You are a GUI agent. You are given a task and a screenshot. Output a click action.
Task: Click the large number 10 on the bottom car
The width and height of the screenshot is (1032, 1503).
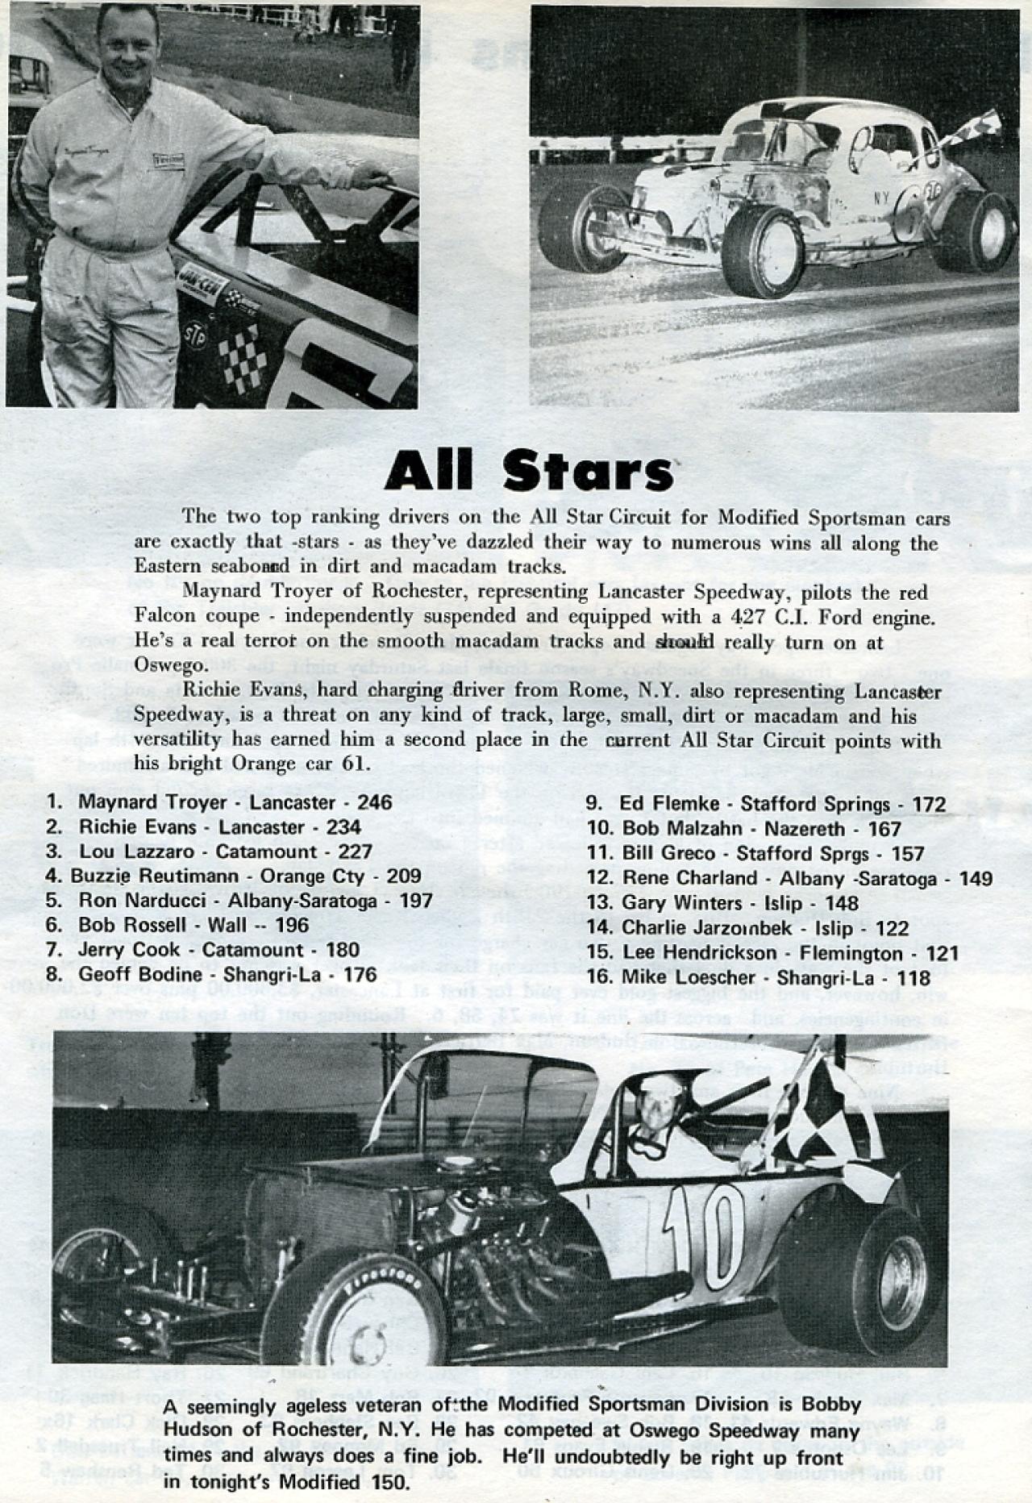pyautogui.click(x=702, y=1233)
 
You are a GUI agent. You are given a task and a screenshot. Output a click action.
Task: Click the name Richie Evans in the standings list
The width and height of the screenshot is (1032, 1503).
pyautogui.click(x=137, y=826)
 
